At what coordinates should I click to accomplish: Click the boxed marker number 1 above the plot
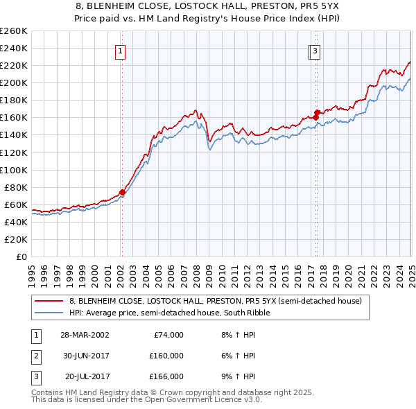[120, 51]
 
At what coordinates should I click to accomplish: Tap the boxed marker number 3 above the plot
[315, 51]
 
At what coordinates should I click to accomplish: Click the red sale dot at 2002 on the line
[122, 192]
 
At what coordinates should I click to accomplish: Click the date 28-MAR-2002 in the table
[84, 335]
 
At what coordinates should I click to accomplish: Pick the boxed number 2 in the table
[35, 356]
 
